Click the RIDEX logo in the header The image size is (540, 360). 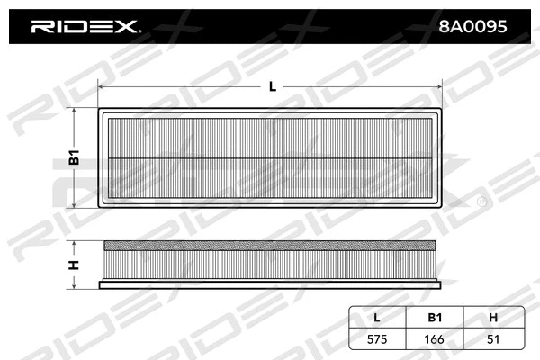[x=85, y=26]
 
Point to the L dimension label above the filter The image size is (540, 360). [x=272, y=86]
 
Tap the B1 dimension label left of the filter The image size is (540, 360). [x=76, y=158]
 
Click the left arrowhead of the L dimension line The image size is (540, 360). [x=100, y=87]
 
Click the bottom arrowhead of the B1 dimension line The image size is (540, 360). [x=76, y=204]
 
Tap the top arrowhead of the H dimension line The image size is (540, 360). [x=76, y=243]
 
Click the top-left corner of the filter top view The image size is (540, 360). [x=98, y=110]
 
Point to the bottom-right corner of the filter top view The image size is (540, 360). [x=444, y=208]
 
